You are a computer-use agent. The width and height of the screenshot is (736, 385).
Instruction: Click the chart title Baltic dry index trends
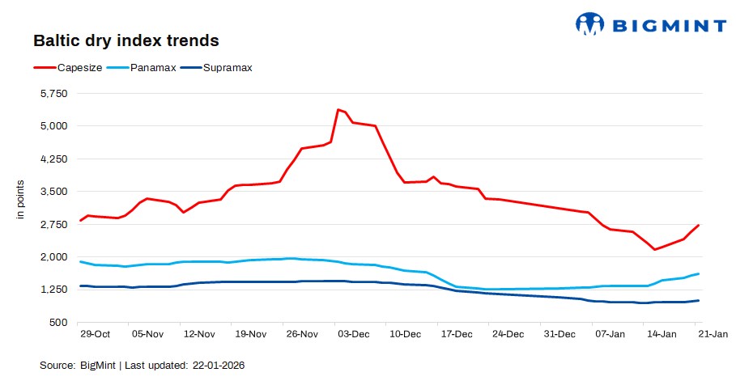point(126,40)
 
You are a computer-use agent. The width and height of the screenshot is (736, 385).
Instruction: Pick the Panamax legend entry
point(153,68)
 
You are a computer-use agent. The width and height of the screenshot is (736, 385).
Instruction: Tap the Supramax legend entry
point(228,68)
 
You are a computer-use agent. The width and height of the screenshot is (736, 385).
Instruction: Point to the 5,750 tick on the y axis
point(53,94)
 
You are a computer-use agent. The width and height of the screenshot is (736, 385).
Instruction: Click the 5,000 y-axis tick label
point(53,126)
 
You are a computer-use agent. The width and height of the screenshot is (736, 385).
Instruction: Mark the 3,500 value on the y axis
point(53,192)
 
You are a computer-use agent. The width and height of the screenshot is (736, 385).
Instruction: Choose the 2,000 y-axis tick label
point(53,257)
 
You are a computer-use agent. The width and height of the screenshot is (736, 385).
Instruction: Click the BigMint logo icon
point(590,24)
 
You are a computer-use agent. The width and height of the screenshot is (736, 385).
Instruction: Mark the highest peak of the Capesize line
point(338,109)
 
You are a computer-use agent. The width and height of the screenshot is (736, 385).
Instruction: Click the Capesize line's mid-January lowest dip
point(655,249)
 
